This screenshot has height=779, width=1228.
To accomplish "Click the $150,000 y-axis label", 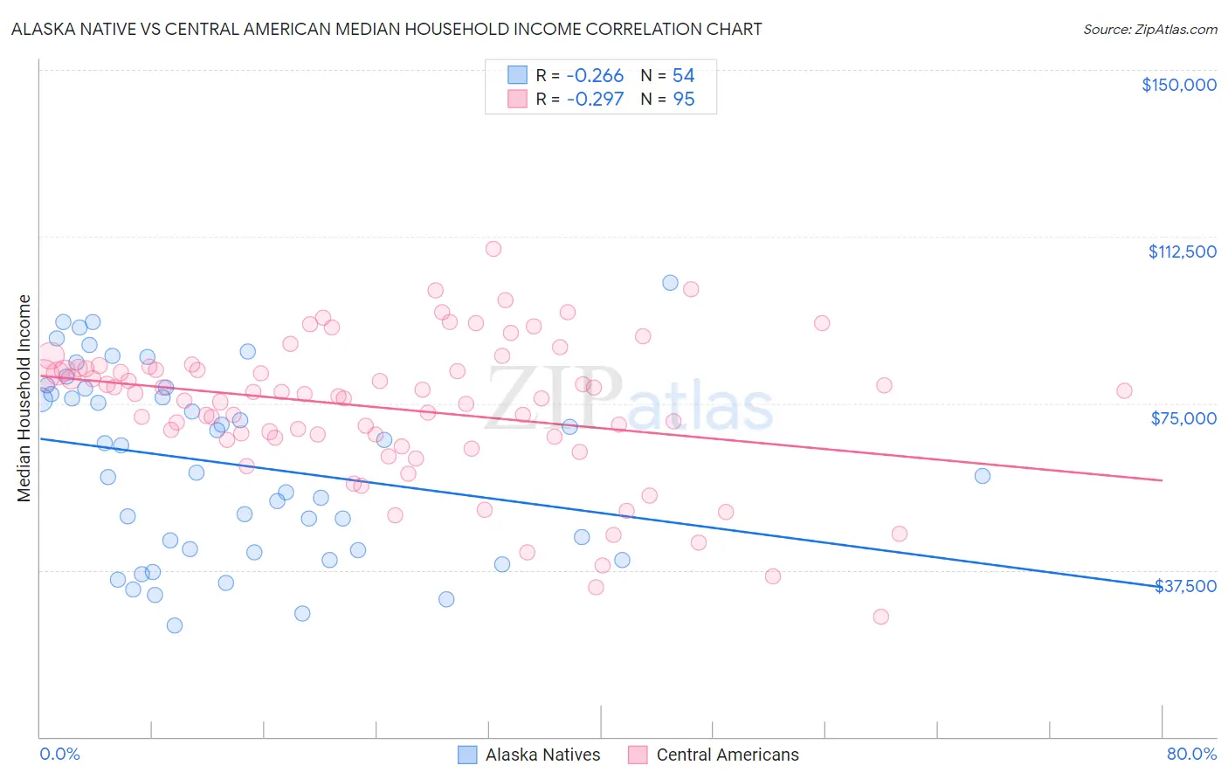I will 1178,85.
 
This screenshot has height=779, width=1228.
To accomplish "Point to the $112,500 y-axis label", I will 1182,252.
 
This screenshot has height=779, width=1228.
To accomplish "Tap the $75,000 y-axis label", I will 1183,418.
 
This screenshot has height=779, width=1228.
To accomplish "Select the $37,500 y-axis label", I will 1185,586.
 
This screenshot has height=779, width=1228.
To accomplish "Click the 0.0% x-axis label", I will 59,754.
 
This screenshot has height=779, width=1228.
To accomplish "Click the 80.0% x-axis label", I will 1191,754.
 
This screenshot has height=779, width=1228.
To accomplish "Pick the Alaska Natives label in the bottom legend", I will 542,755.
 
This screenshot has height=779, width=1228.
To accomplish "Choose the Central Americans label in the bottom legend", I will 727,755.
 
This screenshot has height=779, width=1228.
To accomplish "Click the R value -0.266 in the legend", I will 595,76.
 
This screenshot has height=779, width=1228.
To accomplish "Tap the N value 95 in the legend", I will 684,100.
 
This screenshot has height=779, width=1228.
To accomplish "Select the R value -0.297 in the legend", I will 595,100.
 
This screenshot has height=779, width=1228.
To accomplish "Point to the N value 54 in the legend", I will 684,76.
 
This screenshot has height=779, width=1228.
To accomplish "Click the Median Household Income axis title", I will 24,398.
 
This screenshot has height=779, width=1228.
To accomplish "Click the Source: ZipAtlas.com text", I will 1149,30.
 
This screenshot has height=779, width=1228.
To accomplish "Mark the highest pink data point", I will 493,249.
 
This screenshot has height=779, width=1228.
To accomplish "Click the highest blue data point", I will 670,282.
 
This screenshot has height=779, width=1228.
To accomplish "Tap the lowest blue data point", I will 175,625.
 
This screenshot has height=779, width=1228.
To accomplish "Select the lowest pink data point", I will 880,617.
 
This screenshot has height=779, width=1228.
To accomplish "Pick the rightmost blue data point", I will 983,476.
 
